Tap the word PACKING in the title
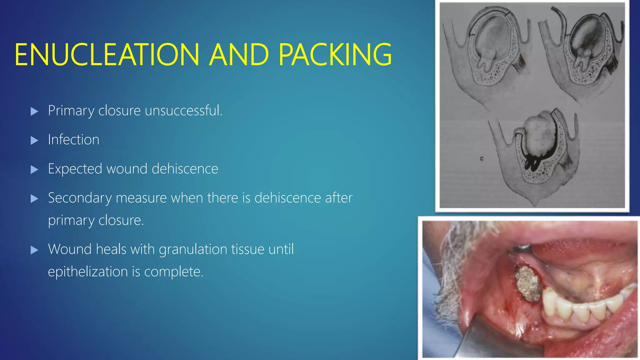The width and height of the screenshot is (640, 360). tap(335, 55)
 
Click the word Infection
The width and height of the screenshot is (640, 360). tap(73, 139)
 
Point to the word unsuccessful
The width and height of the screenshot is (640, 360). tap(183, 110)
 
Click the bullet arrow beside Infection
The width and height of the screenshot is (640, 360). tap(34, 140)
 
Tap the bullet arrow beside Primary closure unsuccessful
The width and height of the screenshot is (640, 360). tap(34, 111)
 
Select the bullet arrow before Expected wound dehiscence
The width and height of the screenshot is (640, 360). tap(34, 170)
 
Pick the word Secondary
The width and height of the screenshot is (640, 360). tap(80, 198)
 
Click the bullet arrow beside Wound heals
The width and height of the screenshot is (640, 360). tap(34, 250)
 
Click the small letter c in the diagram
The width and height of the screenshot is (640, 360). tap(482, 158)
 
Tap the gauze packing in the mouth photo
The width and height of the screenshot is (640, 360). tap(528, 284)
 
